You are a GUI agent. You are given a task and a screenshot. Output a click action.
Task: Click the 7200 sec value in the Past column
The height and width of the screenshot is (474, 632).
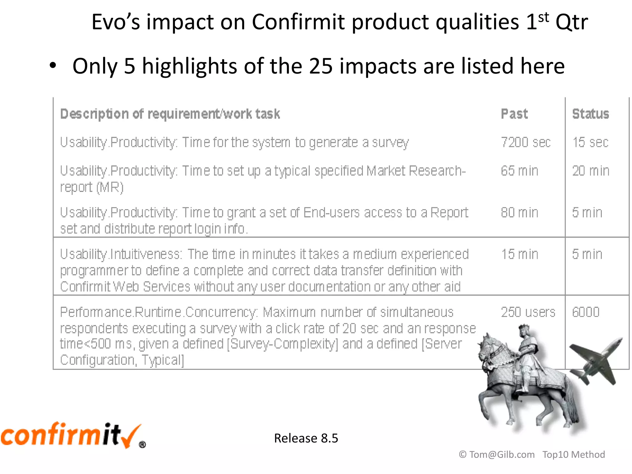coord(526,143)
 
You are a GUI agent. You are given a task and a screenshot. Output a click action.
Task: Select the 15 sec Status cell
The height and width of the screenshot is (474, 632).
coord(590,143)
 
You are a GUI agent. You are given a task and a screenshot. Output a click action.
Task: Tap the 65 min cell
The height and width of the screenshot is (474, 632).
coord(519,171)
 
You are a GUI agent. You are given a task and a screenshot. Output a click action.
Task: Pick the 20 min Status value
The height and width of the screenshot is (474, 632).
coord(590,171)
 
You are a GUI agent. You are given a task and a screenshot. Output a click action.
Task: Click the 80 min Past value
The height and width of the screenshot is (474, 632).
coord(519,213)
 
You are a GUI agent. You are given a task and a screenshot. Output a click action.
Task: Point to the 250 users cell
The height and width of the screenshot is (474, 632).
coord(528,312)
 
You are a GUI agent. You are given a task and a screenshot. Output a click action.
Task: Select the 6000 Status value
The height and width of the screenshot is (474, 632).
coord(585,312)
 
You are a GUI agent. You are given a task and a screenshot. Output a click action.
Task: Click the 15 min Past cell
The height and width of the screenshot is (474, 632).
coord(519,255)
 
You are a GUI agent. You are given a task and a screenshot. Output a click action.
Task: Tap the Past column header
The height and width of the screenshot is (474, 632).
coord(514,114)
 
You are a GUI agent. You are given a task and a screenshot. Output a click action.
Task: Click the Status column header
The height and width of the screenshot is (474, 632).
coord(590,114)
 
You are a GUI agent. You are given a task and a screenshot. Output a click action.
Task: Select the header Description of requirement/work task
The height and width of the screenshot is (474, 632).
coord(170,114)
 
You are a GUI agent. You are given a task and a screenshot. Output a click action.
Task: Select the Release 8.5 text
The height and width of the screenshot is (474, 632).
coord(306,438)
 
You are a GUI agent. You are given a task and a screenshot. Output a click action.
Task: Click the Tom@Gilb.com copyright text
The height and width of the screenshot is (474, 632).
coord(497,455)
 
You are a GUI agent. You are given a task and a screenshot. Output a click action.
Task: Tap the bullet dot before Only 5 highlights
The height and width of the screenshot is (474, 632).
coord(53,66)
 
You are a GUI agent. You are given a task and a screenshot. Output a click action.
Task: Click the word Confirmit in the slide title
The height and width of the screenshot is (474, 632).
coord(298,22)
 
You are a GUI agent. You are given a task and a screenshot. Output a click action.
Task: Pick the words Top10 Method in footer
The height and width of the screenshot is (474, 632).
coord(573,455)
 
